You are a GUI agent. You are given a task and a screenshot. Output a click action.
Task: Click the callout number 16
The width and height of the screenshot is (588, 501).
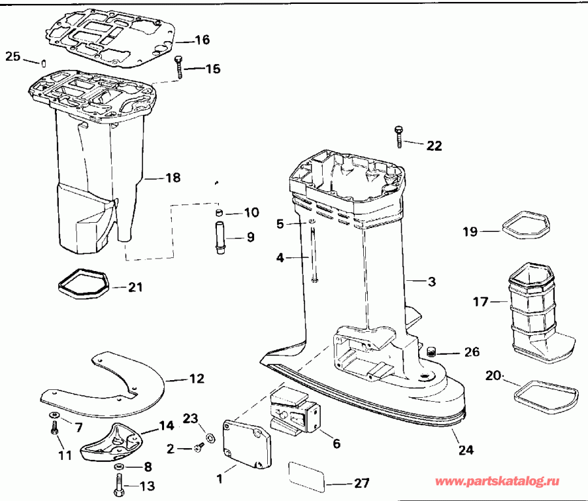click(202, 40)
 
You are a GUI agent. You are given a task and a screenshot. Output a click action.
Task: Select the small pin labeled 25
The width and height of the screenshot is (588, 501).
click(41, 63)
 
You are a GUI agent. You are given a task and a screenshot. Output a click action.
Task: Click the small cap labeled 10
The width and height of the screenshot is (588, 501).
click(221, 212)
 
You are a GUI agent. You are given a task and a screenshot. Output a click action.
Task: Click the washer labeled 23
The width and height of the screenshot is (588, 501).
click(208, 437)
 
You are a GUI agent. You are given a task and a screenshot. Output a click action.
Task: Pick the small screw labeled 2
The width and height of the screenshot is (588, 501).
click(199, 447)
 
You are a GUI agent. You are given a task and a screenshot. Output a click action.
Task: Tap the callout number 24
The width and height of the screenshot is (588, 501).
click(465, 450)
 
